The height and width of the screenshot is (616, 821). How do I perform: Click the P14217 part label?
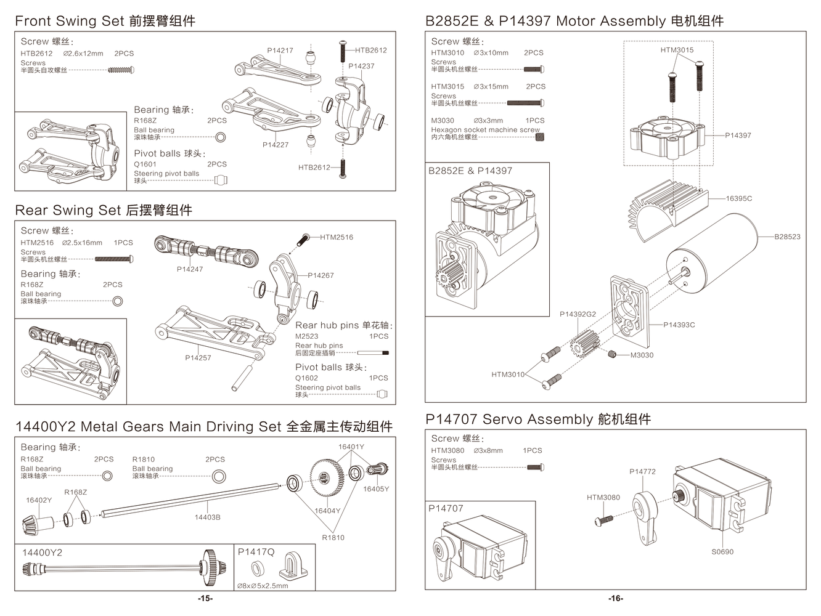(280, 51)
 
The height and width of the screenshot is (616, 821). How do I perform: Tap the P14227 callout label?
(275, 145)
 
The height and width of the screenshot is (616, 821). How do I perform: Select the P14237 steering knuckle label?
(361, 66)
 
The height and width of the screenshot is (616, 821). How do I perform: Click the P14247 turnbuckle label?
(189, 269)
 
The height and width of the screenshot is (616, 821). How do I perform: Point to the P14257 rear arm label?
(198, 357)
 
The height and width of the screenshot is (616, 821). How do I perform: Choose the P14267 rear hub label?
(321, 275)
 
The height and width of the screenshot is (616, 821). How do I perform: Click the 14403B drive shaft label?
(207, 517)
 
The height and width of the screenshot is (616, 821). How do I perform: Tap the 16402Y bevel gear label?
(39, 500)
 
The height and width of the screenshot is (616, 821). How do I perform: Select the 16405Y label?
(376, 488)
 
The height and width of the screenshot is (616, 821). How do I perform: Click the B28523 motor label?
(787, 237)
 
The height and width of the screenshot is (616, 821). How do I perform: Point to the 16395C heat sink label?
(738, 198)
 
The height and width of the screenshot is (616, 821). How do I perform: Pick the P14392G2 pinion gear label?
(578, 314)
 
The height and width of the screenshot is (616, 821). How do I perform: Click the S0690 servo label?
(722, 551)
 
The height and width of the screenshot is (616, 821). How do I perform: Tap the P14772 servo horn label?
(642, 471)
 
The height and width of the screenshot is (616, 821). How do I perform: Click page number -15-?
(205, 599)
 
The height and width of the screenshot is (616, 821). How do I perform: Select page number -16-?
(616, 599)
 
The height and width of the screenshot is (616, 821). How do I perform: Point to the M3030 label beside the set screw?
(642, 355)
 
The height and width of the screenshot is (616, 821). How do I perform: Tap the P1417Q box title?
(256, 552)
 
